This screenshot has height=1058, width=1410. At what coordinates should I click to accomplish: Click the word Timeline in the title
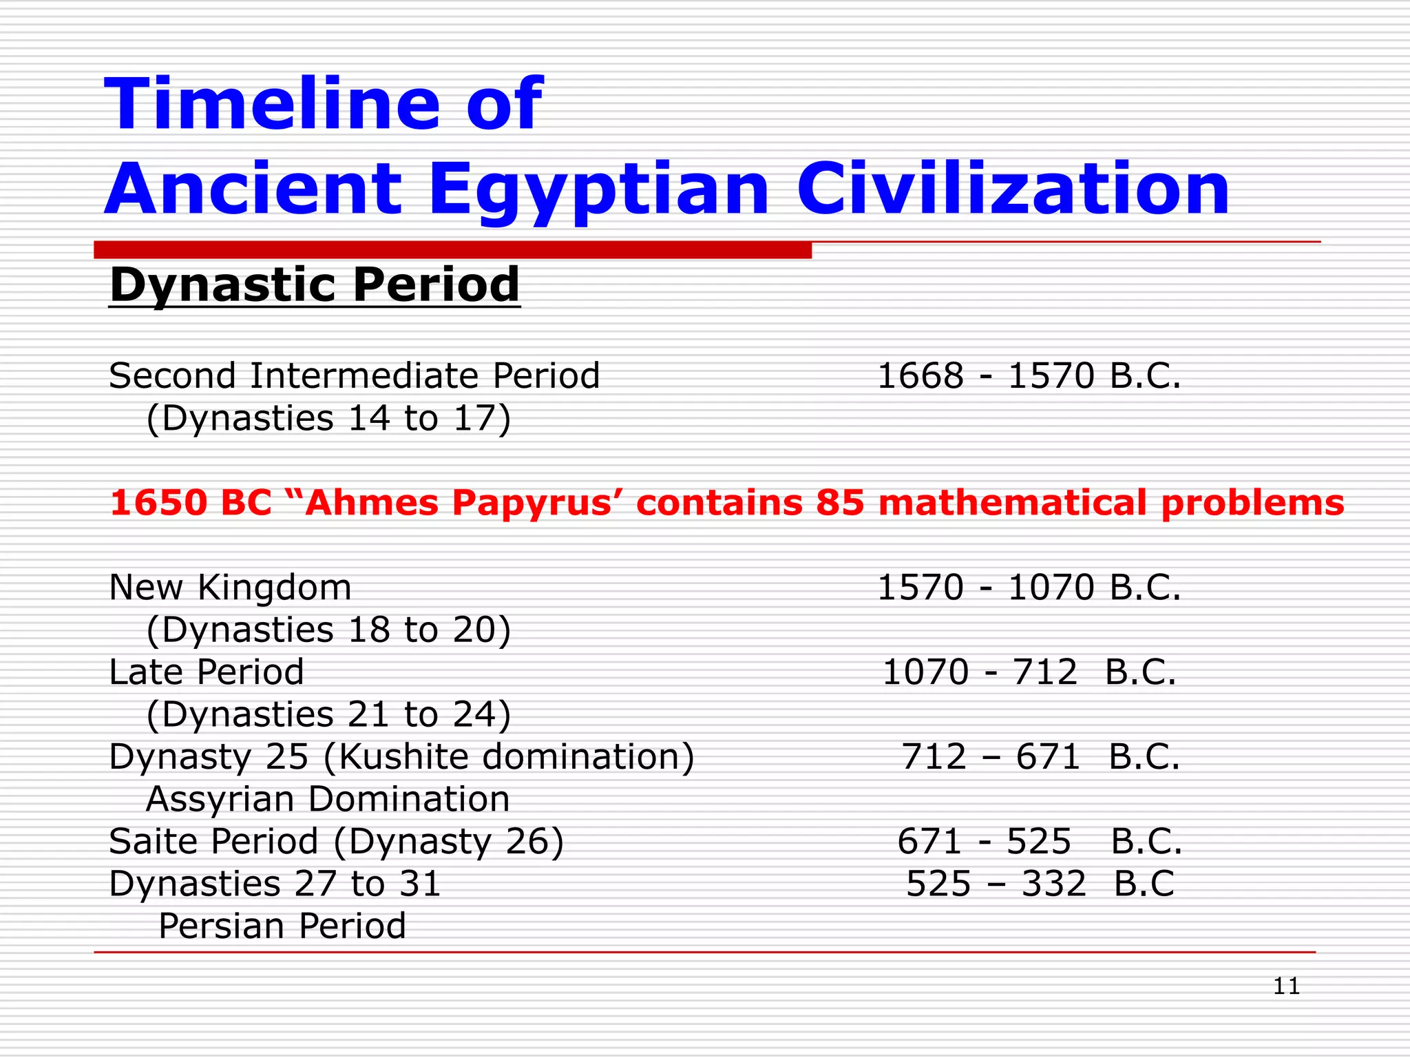click(x=272, y=104)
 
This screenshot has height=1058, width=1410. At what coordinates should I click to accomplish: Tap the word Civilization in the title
click(x=1013, y=189)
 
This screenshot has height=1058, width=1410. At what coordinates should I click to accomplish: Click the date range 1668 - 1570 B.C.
click(x=1029, y=376)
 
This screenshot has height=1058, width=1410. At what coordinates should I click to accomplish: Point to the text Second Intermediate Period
click(x=354, y=376)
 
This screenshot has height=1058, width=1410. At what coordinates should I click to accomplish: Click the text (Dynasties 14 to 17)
click(x=328, y=418)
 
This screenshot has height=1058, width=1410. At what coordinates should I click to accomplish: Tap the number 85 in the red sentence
click(x=839, y=502)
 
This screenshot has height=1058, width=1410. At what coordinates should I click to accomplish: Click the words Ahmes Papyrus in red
click(x=458, y=502)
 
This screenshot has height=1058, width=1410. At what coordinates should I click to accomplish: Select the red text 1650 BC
click(x=191, y=502)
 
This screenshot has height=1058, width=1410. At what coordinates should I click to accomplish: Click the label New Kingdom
click(x=230, y=588)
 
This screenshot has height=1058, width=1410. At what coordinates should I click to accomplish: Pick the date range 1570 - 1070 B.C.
click(x=1029, y=588)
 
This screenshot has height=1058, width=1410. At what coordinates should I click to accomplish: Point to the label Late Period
click(x=207, y=672)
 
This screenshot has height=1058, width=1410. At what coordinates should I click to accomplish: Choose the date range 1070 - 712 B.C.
click(x=1029, y=672)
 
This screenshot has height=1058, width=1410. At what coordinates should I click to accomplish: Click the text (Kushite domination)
click(x=508, y=757)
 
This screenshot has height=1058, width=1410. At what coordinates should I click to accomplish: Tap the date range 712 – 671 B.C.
click(x=1040, y=757)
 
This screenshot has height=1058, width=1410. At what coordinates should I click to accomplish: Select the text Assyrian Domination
click(x=328, y=799)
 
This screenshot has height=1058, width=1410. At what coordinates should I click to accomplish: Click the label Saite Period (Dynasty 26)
click(x=336, y=842)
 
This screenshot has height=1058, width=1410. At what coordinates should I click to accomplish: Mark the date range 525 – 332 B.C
click(x=1040, y=884)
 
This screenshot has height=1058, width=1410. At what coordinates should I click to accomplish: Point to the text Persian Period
click(x=282, y=926)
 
